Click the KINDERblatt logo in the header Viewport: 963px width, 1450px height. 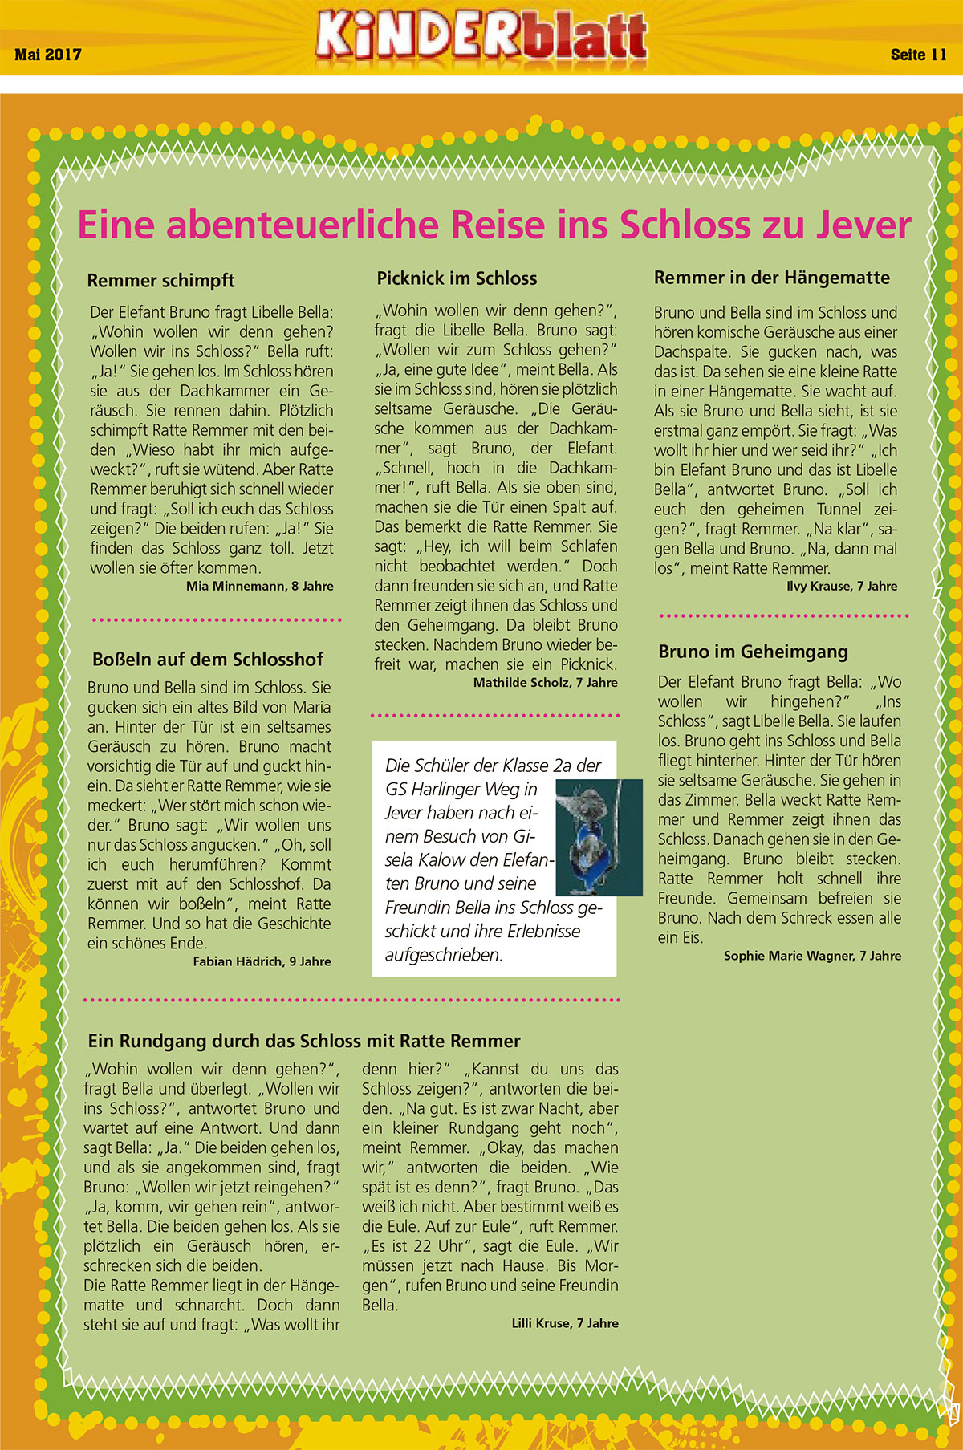481,37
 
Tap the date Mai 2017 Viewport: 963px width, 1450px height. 48,55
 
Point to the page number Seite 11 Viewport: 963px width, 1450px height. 918,55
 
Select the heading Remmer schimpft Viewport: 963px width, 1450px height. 160,281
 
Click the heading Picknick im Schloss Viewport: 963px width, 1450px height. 457,278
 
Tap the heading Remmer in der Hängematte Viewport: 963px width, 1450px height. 771,278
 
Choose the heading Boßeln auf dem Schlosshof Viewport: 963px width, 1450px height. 208,660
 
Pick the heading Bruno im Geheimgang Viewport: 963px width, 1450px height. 753,652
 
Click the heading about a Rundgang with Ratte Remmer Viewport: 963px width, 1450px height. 304,1041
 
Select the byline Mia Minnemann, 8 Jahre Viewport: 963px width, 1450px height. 259,586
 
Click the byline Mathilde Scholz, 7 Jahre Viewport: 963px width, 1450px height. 545,683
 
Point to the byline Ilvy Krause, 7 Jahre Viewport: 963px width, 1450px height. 842,586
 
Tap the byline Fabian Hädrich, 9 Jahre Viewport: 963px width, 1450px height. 262,961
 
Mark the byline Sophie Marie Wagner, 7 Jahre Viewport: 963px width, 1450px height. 812,956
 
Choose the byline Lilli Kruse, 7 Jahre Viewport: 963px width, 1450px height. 565,1323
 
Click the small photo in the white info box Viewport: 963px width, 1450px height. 599,837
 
